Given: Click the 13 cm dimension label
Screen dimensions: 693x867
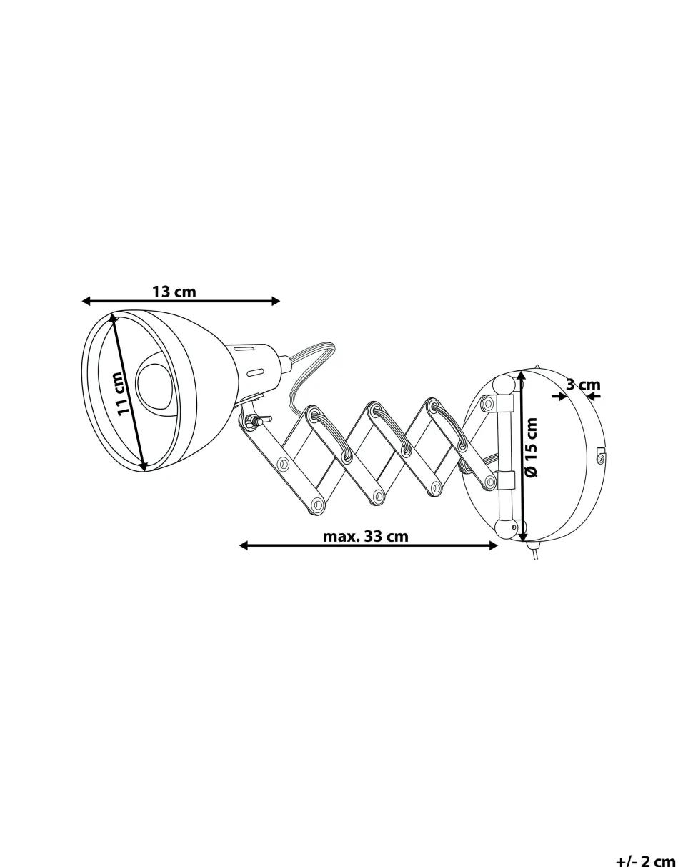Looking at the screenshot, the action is [x=174, y=292].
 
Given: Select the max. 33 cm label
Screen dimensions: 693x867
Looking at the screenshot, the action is [x=366, y=536].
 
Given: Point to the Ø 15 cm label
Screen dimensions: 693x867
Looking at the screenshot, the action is [x=532, y=447].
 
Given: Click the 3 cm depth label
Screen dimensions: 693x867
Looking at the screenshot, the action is [x=583, y=385].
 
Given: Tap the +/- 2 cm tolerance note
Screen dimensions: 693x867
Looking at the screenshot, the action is [x=645, y=859].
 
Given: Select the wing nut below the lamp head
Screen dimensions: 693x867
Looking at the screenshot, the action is [x=254, y=421].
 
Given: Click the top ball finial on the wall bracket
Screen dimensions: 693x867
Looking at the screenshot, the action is [x=504, y=386].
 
